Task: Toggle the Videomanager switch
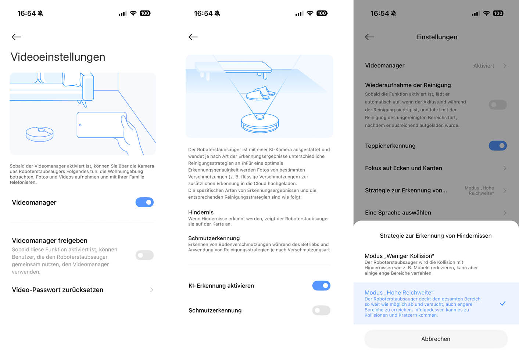coord(144,202)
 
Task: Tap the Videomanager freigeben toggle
coord(144,255)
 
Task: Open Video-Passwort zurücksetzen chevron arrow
coord(152,290)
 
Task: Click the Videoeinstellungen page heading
coord(58,57)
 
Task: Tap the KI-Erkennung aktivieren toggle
coord(321,286)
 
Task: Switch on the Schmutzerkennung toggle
coord(321,310)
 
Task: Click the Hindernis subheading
coord(201,212)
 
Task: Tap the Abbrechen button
coord(436,339)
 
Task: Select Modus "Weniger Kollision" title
coord(400,256)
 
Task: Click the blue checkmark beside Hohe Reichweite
coord(502,303)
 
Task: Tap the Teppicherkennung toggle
coord(498,146)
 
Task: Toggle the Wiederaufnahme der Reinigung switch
coord(498,105)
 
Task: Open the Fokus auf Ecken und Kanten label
coord(404,168)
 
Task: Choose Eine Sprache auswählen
coord(398,213)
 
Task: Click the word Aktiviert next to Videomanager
coord(484,66)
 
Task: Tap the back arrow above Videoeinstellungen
coord(16,37)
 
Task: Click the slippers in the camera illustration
coord(260,94)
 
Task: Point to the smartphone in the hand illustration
coord(101,125)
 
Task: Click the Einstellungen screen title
coord(437,37)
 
